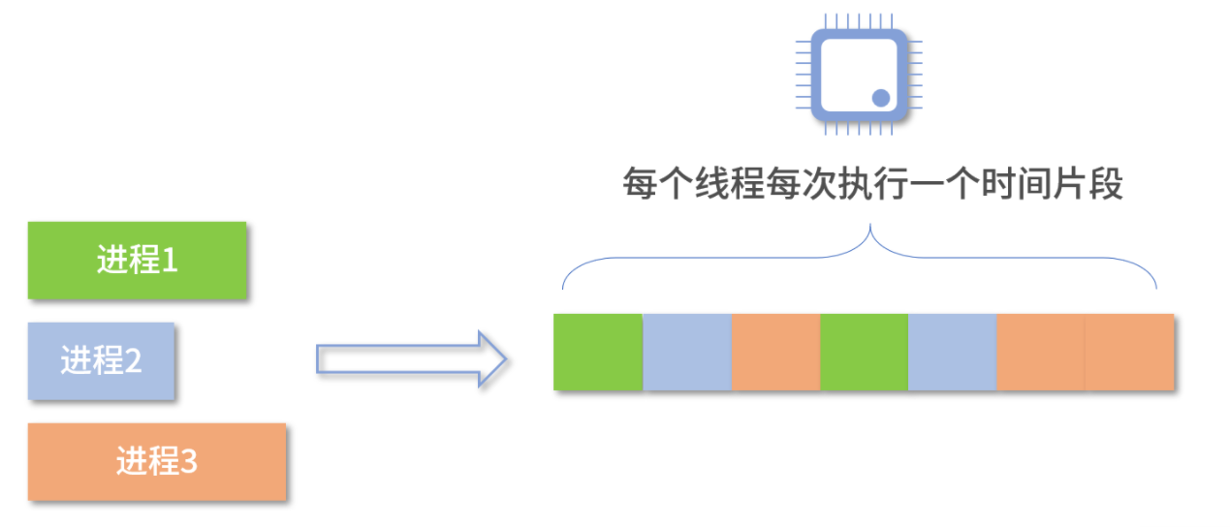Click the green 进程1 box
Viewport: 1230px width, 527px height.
click(x=137, y=260)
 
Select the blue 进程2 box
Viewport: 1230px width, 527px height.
click(x=101, y=360)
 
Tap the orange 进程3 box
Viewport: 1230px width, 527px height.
click(x=156, y=461)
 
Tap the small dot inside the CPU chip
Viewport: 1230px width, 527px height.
click(x=881, y=97)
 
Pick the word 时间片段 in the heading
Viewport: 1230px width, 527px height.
click(x=1050, y=184)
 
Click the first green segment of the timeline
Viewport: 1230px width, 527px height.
click(x=598, y=352)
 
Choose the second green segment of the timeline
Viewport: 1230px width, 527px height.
click(x=864, y=352)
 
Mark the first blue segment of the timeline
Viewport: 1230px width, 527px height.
click(x=687, y=352)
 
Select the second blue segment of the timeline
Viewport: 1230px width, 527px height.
click(x=952, y=352)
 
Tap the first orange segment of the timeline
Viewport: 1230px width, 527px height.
click(x=775, y=352)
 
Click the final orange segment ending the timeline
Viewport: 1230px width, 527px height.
click(x=1129, y=352)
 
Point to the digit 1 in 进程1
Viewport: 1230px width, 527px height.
click(x=170, y=260)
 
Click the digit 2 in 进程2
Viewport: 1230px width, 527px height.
click(x=134, y=361)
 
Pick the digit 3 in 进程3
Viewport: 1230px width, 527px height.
click(x=189, y=462)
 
